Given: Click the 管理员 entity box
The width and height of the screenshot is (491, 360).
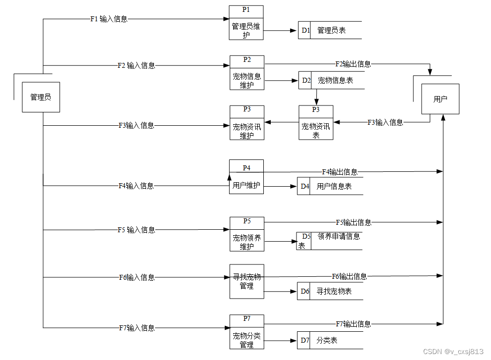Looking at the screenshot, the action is click(x=41, y=97).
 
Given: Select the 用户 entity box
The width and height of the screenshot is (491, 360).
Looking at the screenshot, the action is click(x=440, y=99).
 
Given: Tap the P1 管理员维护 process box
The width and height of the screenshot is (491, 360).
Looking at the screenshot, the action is click(x=246, y=23).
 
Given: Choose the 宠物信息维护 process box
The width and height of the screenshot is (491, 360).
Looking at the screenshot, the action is click(x=247, y=73).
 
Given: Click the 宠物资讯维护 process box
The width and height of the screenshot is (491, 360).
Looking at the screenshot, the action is click(x=247, y=123).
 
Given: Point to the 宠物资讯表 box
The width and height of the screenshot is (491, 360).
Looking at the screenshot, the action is click(x=316, y=123).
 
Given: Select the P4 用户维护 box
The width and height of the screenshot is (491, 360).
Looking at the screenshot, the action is click(x=246, y=177).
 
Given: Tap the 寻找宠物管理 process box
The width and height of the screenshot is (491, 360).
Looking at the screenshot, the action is click(x=246, y=281).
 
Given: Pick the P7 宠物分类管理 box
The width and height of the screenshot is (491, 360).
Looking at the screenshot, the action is click(x=246, y=332).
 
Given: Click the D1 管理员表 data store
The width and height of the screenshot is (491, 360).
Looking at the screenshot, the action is click(x=330, y=30).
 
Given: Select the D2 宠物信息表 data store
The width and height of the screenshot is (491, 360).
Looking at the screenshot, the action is click(x=331, y=80).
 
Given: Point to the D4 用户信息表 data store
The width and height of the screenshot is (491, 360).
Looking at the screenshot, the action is click(x=330, y=186).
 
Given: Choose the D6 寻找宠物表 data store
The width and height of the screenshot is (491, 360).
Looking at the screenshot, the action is click(x=330, y=291).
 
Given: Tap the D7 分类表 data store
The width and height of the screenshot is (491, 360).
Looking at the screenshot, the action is click(x=330, y=340).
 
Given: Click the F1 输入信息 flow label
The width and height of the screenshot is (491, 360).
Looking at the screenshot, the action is click(x=109, y=19).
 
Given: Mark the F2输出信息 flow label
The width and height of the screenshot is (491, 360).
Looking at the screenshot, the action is click(x=353, y=64).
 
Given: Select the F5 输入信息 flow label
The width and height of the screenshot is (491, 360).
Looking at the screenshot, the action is click(x=136, y=230).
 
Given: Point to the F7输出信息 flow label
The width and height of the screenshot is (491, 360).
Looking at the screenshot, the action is click(x=353, y=324).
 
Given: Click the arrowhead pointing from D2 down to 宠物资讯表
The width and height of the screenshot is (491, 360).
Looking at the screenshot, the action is click(x=316, y=102).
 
